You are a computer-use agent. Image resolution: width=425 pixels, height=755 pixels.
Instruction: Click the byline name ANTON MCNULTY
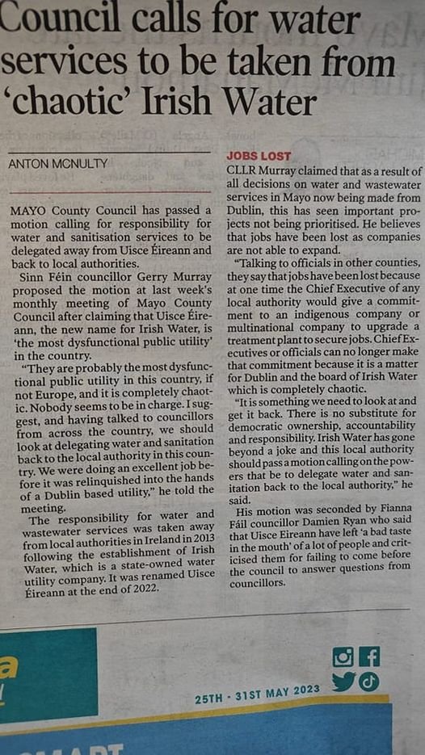click(58, 164)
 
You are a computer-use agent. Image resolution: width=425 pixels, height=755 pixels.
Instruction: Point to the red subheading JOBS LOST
click(259, 156)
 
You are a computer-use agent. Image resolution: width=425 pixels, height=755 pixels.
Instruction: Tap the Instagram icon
click(343, 657)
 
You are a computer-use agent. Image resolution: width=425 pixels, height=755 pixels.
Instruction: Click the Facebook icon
click(369, 656)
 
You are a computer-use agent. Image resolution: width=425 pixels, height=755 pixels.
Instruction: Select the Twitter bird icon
click(343, 682)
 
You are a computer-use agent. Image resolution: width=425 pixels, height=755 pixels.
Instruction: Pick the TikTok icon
click(369, 682)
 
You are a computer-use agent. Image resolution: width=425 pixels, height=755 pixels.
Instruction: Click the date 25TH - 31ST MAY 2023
click(257, 694)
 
